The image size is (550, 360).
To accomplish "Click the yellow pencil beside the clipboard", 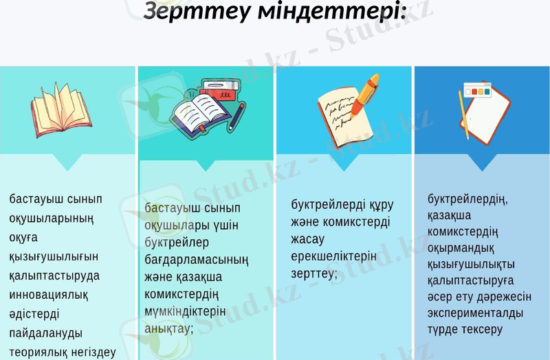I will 464,116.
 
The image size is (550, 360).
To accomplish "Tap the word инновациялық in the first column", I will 48,295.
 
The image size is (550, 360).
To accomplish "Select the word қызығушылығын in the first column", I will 54,256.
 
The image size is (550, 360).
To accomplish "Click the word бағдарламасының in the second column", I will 196,260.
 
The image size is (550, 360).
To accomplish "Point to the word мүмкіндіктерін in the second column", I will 185,311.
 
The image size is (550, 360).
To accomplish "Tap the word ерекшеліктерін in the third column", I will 334,256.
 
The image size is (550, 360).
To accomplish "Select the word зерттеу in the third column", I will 314,273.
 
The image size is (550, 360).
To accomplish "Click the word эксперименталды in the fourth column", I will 475,313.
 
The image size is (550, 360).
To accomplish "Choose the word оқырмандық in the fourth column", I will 461,247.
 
